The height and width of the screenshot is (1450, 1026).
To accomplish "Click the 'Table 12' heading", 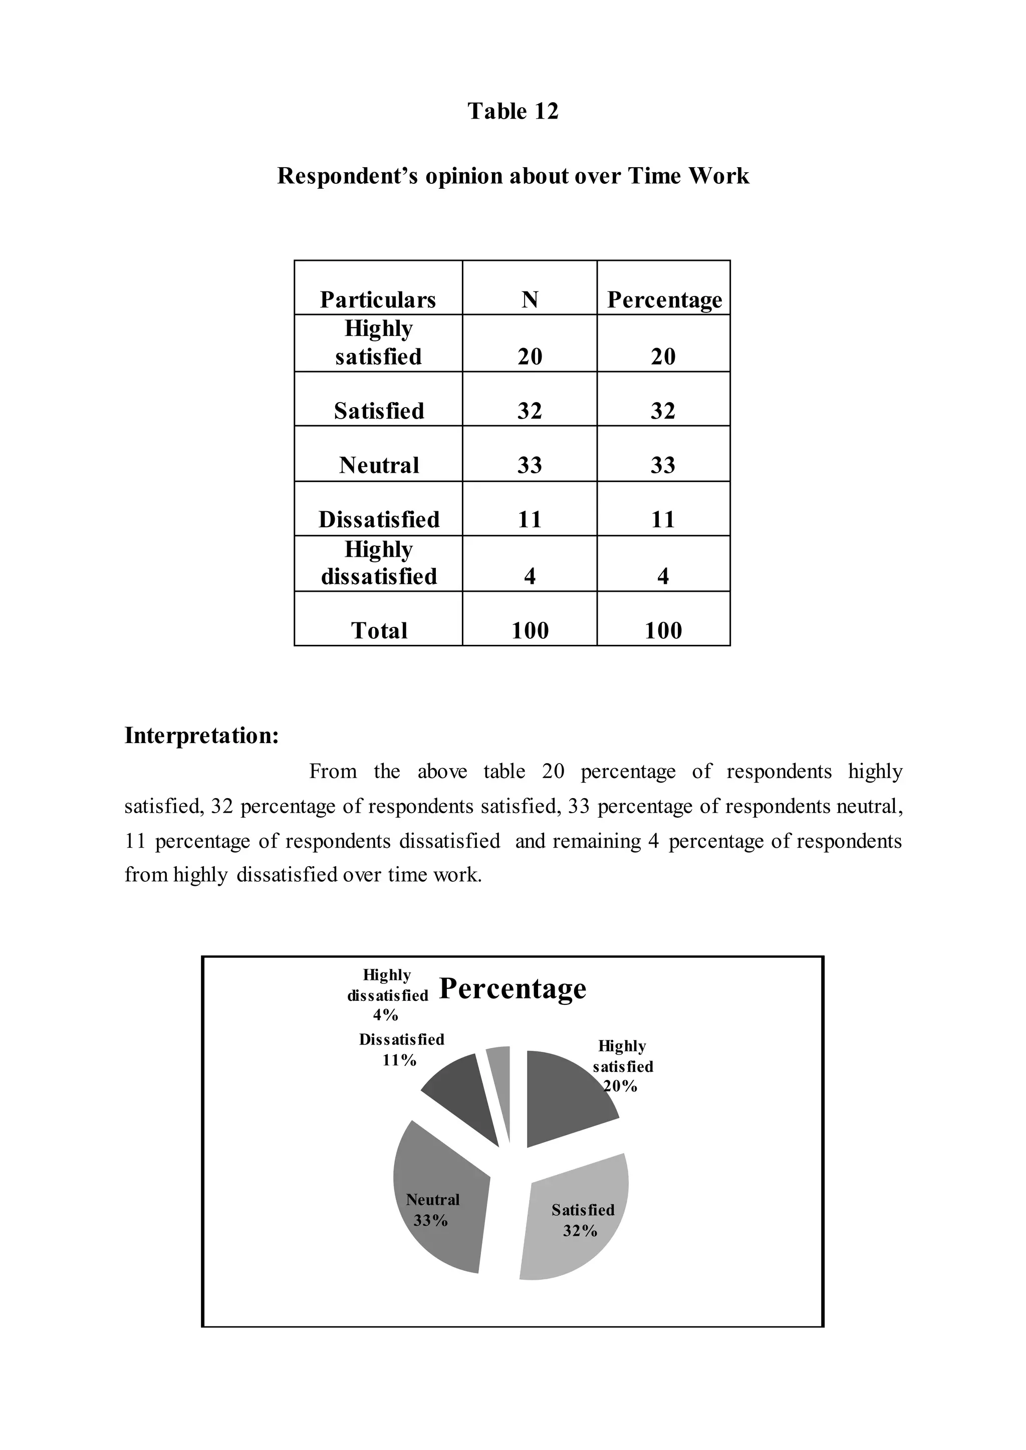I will pyautogui.click(x=513, y=111).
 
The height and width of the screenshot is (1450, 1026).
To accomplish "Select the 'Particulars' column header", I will pyautogui.click(x=378, y=299).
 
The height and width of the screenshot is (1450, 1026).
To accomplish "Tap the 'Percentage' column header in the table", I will pyautogui.click(x=664, y=299).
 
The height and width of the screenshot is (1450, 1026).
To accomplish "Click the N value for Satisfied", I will pyautogui.click(x=530, y=411).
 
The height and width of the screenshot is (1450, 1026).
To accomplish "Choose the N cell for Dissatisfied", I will pyautogui.click(x=530, y=519).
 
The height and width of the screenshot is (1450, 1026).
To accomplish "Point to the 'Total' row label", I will pyautogui.click(x=378, y=630).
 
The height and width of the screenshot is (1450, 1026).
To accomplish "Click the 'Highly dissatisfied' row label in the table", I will pyautogui.click(x=378, y=563).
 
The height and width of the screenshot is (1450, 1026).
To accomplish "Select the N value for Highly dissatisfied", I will pyautogui.click(x=530, y=575).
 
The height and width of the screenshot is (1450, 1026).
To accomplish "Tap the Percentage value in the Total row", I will pyautogui.click(x=663, y=630).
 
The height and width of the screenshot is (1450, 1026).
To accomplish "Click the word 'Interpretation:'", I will pyautogui.click(x=201, y=736).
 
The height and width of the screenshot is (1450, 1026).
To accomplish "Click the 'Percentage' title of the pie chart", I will pyautogui.click(x=512, y=988).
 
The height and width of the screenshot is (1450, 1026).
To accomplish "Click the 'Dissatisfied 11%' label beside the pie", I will pyautogui.click(x=401, y=1049).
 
